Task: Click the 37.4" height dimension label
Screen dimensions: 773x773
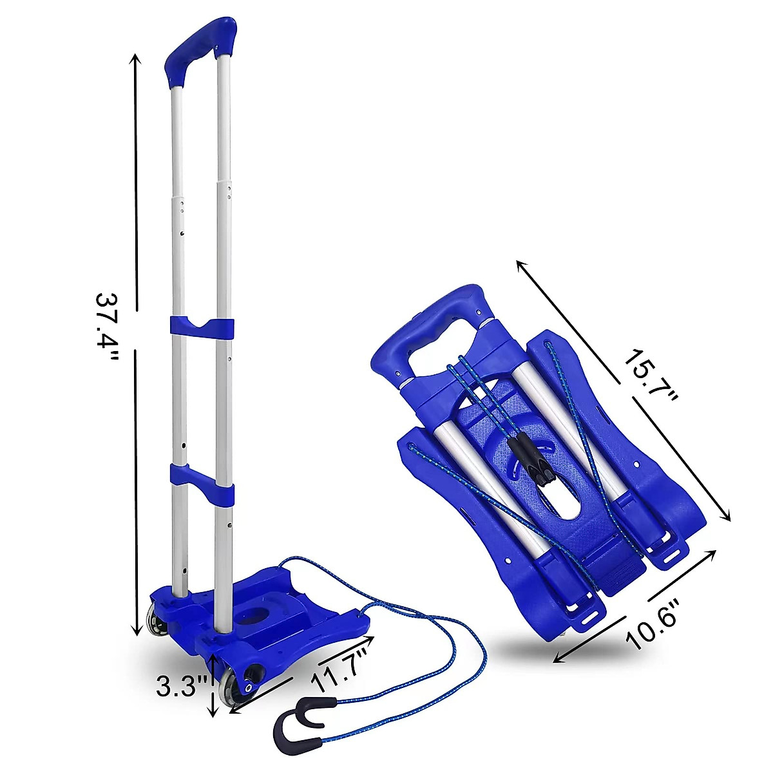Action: point(107,330)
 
